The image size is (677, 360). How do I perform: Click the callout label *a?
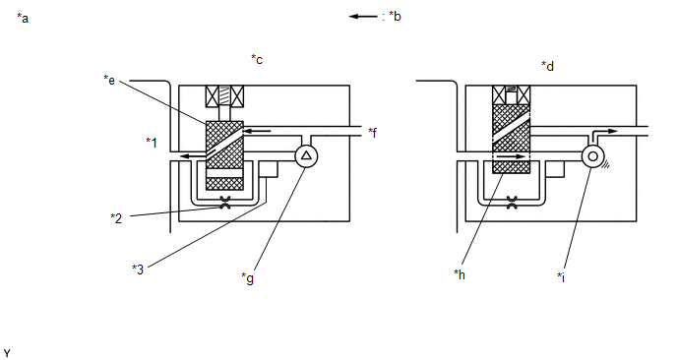click(23, 18)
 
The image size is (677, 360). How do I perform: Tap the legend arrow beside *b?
click(363, 17)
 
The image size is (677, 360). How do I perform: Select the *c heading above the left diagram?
click(257, 60)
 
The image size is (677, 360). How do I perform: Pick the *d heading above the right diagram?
click(547, 66)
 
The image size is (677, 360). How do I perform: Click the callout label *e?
click(109, 81)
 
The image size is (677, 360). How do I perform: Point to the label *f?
click(373, 133)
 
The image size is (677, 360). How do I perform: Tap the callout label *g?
click(247, 278)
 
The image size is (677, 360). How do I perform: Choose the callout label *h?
click(460, 274)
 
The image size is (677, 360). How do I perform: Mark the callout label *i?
click(561, 276)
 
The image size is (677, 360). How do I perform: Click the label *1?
click(152, 142)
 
